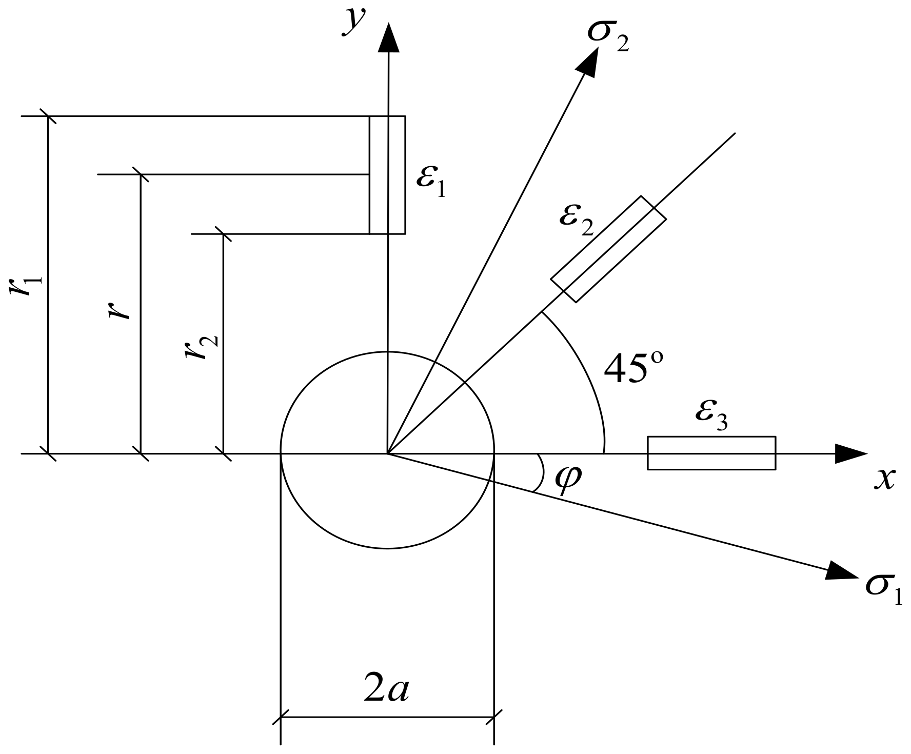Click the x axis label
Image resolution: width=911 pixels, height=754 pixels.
(x=884, y=480)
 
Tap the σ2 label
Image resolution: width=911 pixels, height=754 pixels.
(x=607, y=38)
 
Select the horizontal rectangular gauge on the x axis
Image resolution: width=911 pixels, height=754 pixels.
(x=711, y=453)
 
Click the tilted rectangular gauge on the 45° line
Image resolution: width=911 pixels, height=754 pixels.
(x=608, y=249)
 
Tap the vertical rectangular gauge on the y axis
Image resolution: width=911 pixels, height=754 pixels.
(x=387, y=175)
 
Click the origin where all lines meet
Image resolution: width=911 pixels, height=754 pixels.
(x=387, y=453)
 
